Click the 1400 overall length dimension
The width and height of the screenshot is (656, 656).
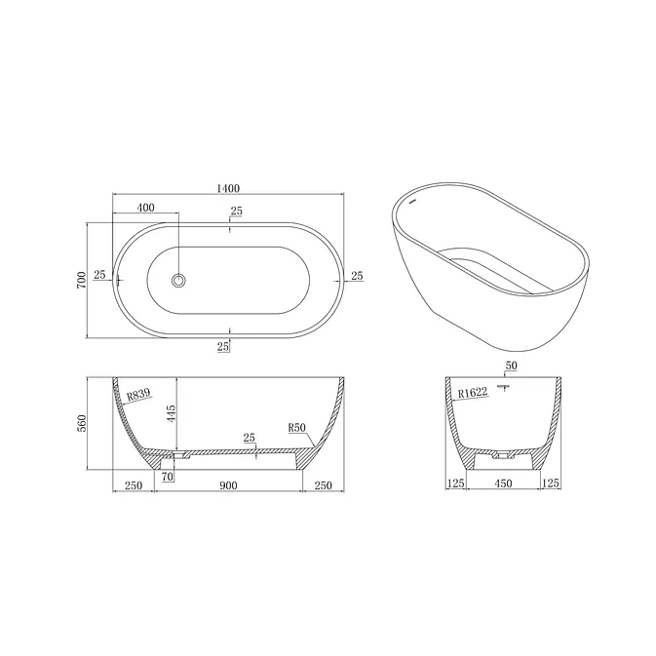(228, 189)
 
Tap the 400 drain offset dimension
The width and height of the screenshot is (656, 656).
(146, 207)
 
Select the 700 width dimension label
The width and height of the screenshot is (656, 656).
(82, 280)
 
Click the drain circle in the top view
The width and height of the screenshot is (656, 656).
(178, 281)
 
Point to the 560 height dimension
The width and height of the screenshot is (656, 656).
(82, 423)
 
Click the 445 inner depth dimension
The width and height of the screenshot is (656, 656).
(172, 413)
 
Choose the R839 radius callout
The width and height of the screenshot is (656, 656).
(138, 394)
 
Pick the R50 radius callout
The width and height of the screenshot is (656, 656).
(297, 428)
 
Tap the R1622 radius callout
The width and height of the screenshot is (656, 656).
(473, 393)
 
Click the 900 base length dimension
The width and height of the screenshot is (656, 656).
(228, 485)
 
